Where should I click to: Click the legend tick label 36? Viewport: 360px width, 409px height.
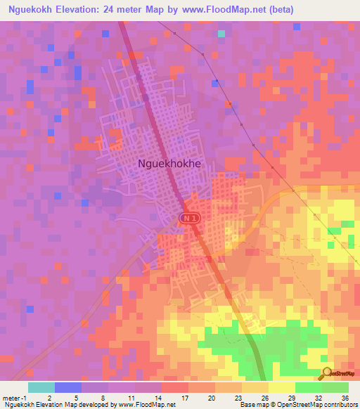pos(345,397)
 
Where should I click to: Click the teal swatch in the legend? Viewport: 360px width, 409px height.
pos(41,387)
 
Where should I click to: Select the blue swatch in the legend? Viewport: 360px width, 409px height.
pos(67,387)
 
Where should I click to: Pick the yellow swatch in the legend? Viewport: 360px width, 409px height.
pos(281,387)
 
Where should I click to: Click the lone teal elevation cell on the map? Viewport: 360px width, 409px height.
pos(221,33)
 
